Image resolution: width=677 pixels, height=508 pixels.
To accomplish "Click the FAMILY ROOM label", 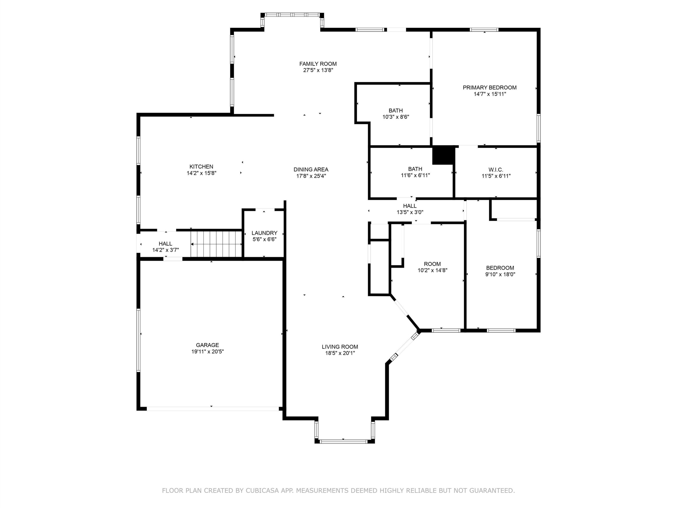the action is pos(318,64).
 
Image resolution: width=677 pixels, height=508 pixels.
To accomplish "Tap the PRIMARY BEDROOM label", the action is pos(490,88).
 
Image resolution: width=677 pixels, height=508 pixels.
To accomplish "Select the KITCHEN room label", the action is pos(202,167).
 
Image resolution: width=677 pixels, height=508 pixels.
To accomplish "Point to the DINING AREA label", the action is pos(311,169).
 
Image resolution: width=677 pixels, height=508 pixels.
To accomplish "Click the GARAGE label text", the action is pos(208,345).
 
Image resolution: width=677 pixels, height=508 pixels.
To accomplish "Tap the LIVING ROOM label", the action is pos(340,347).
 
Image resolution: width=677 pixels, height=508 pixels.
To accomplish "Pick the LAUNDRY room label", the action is pos(264,233).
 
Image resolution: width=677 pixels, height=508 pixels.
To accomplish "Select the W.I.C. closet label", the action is pos(496,170).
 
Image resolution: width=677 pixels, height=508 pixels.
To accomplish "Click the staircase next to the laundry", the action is pos(216,244).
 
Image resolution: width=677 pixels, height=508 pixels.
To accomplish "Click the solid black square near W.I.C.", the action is pos(443,156).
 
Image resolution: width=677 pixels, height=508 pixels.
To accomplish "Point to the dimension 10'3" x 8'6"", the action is pos(396,117).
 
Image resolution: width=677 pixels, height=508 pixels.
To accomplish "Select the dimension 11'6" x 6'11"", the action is pos(415,175).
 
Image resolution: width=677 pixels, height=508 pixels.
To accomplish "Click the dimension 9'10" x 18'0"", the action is pos(500,274).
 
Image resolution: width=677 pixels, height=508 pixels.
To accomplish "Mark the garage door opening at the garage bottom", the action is pos(213,409).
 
